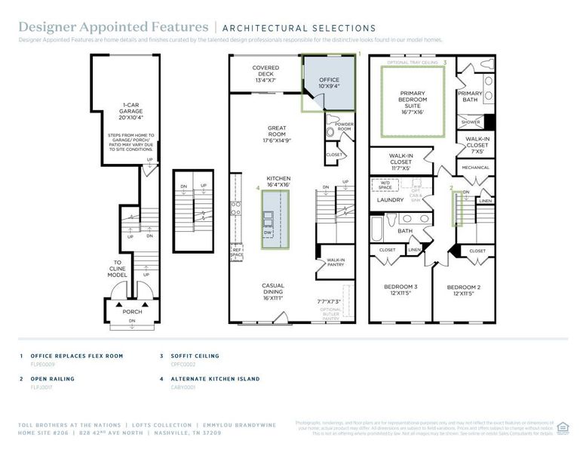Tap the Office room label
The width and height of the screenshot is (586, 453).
[329, 82]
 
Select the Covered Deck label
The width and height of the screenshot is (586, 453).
[266, 73]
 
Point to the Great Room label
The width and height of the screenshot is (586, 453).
[278, 134]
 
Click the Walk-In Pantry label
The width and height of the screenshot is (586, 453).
[335, 263]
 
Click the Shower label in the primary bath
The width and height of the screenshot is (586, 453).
[471, 122]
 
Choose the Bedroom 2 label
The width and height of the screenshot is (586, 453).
[462, 290]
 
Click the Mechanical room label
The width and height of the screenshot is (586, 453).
[475, 168]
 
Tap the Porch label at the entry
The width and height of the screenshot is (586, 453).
[133, 311]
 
